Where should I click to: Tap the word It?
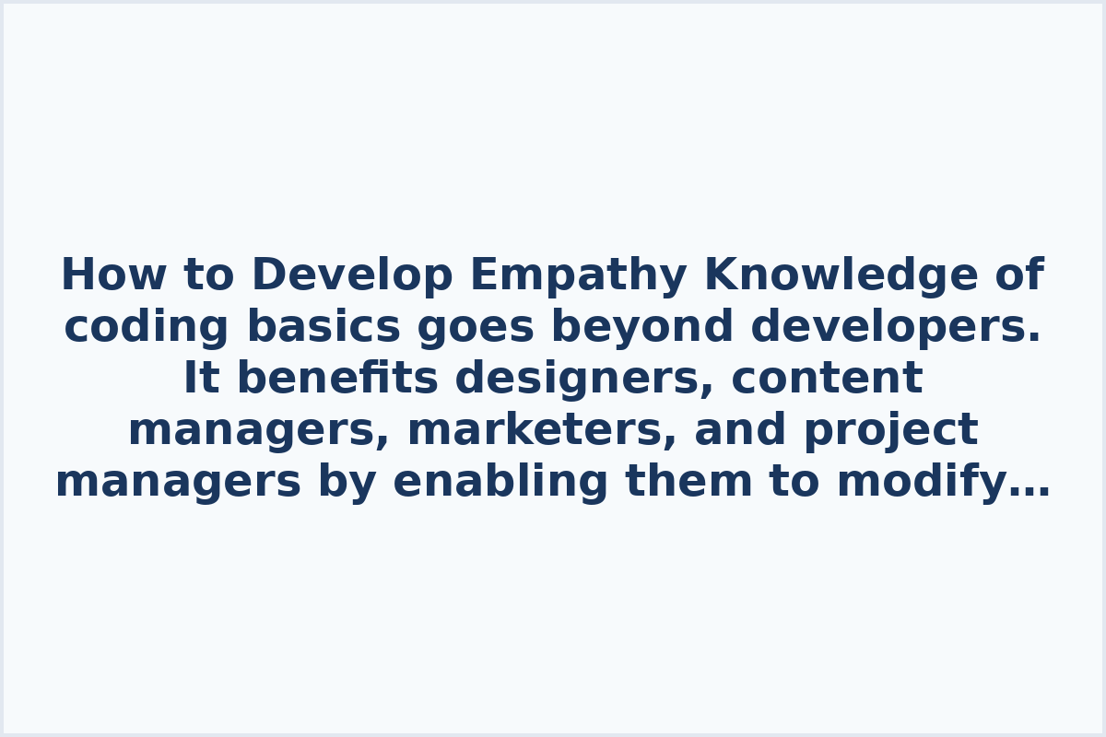(x=197, y=379)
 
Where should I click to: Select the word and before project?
(x=733, y=430)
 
